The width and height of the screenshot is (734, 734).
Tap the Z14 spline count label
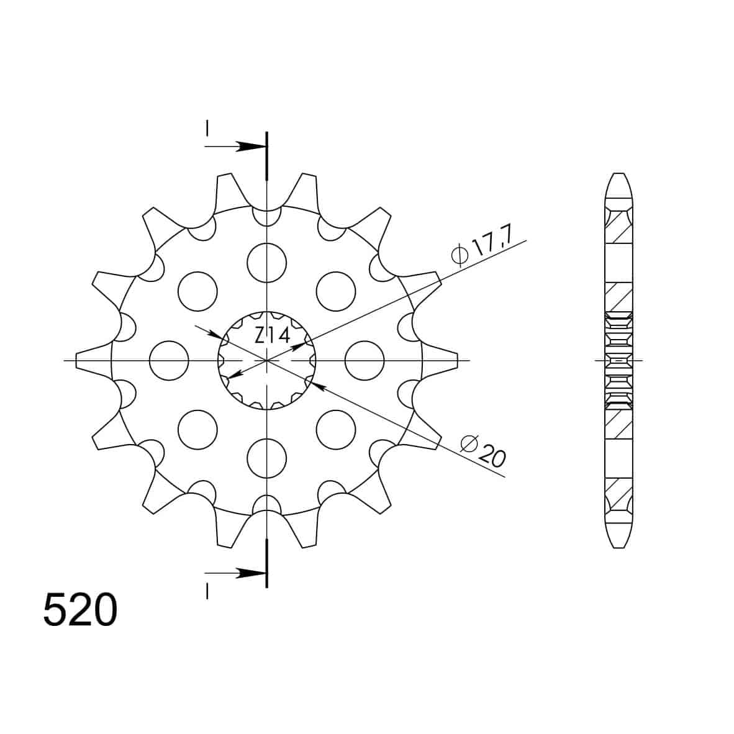271,336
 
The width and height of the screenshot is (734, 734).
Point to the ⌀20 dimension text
483,450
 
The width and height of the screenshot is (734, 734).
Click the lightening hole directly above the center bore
267,263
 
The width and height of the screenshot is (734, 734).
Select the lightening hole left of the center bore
170,360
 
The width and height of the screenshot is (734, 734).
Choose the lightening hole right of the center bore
365,360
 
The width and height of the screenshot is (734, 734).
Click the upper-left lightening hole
198,291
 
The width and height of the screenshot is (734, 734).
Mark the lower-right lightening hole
336,429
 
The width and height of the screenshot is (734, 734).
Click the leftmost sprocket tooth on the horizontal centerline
87,360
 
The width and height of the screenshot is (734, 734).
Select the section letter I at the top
207,129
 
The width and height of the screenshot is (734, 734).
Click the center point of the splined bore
267,360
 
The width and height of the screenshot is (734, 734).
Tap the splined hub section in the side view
618,360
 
